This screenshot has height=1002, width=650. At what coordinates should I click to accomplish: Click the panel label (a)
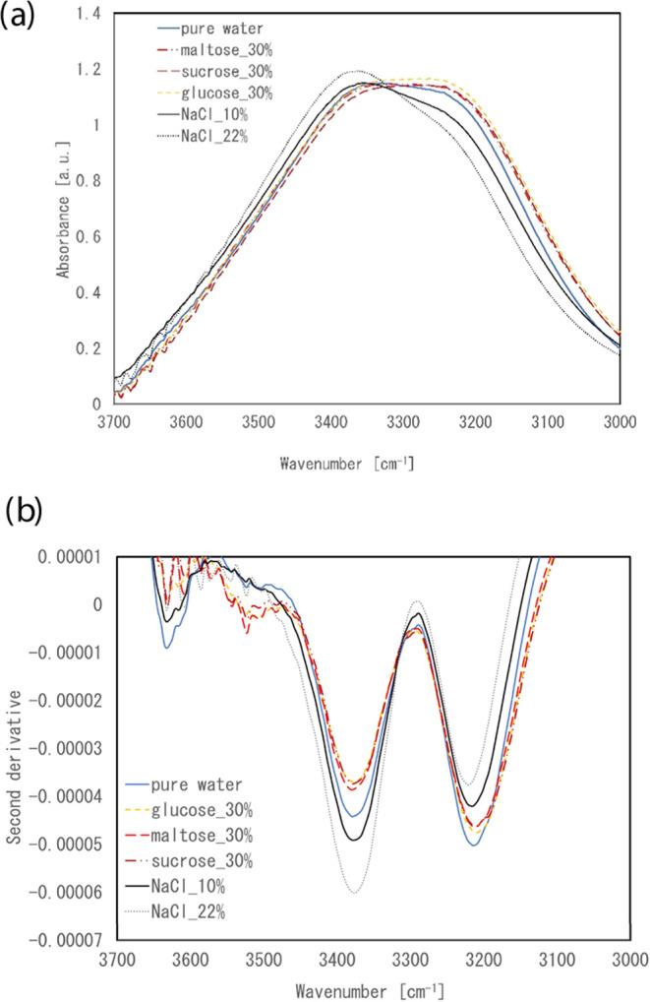coord(21,18)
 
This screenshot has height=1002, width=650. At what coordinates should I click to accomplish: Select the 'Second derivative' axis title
coord(15,753)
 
